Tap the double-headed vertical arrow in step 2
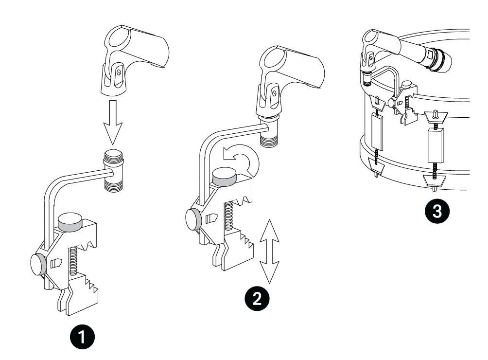click(269, 252)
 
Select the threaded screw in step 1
click(73, 260)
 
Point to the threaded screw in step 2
click(227, 215)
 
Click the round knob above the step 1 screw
click(70, 222)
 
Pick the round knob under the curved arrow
click(225, 177)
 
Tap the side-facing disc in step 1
click(38, 264)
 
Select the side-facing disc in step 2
click(193, 219)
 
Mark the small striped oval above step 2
click(281, 48)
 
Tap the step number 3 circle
click(437, 211)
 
